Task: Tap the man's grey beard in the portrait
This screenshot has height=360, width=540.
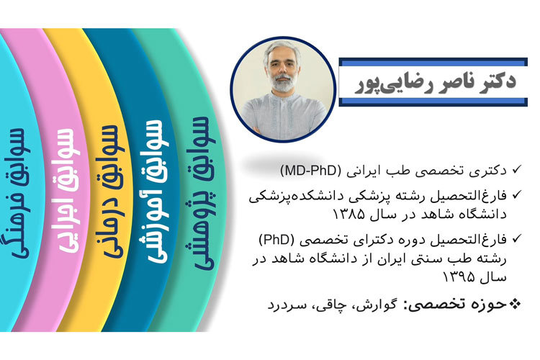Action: [x=283, y=83]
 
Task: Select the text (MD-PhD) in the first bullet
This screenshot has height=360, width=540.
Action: [x=310, y=171]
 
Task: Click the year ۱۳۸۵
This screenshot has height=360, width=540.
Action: [x=348, y=215]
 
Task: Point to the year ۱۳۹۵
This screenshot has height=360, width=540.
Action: [x=459, y=276]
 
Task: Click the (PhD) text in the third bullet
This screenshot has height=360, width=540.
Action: [x=276, y=240]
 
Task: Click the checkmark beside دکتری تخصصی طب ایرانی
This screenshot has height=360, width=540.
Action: [x=516, y=169]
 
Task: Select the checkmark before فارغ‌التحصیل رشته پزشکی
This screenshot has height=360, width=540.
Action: [x=516, y=194]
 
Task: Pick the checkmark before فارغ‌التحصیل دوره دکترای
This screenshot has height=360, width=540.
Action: [x=516, y=238]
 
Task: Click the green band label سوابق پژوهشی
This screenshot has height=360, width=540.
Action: [x=204, y=194]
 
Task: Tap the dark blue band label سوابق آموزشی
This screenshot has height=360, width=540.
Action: [x=154, y=192]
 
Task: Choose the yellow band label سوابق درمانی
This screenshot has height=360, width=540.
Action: [x=111, y=192]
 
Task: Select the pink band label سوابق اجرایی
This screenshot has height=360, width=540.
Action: [x=68, y=192]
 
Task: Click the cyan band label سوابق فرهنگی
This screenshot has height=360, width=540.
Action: [x=19, y=194]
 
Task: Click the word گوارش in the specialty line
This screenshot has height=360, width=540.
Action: [x=376, y=305]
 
